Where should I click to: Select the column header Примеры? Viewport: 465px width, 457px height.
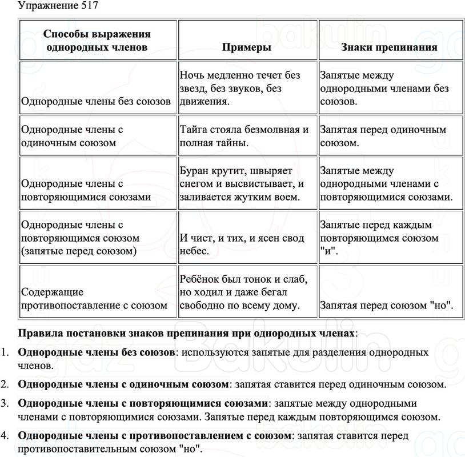coord(247,47)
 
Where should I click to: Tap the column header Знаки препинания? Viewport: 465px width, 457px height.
coord(389,47)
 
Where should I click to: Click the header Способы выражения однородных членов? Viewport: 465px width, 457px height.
coord(97,41)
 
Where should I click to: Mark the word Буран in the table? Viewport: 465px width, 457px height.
coord(193,171)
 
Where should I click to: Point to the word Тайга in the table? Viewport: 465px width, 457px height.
coord(193,130)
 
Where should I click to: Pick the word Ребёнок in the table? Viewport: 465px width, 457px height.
coord(200,279)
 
